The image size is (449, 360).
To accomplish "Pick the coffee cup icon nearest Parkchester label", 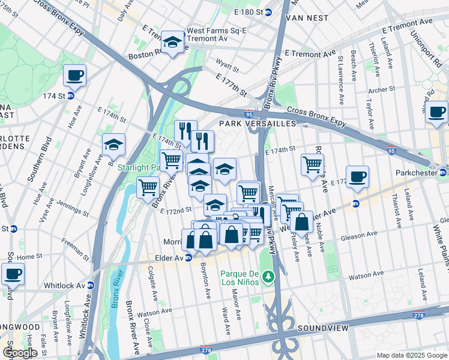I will tap(357, 176).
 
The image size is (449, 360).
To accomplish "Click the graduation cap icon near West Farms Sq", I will tap(173, 42).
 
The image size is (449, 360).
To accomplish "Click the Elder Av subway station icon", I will tap(188, 258).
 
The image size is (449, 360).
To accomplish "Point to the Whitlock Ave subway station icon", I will tap(91, 286).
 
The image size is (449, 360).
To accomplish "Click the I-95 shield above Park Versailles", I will tap(249, 113).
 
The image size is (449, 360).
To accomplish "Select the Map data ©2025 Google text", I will tap(411, 355).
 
